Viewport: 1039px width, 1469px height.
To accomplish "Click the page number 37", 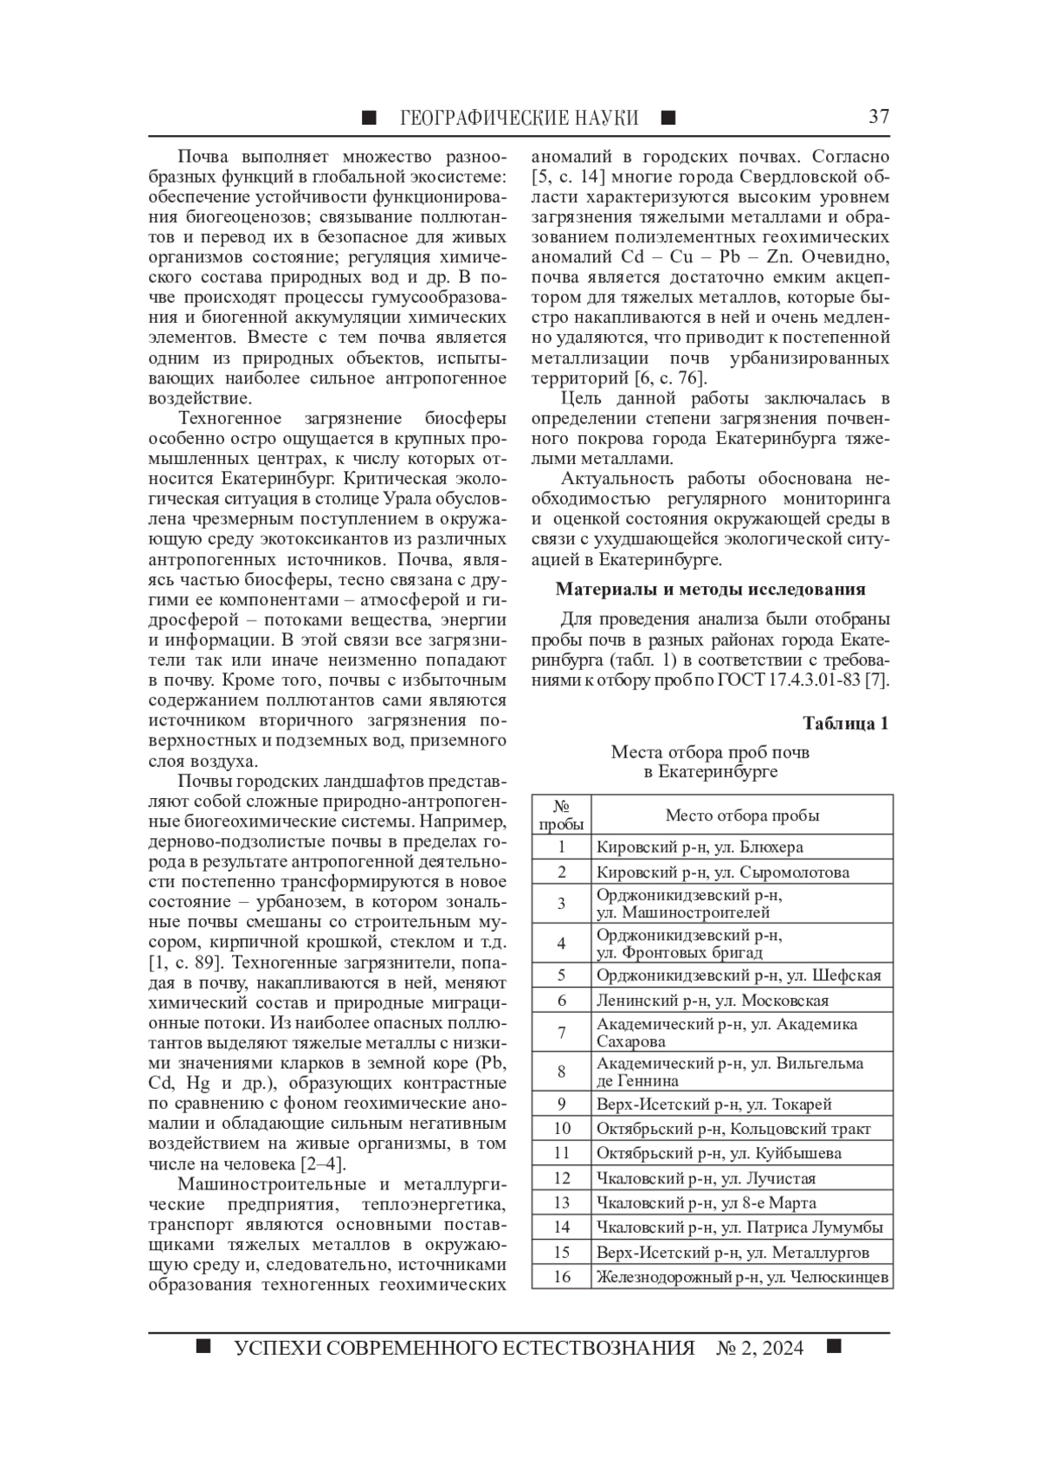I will [878, 117].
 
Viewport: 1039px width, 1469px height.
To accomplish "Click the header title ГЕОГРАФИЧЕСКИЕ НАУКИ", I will [519, 118].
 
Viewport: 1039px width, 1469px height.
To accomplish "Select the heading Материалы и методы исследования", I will [710, 590].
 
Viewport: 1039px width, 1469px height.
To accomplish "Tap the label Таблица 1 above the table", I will [845, 724].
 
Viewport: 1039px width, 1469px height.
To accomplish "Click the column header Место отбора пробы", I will [742, 815].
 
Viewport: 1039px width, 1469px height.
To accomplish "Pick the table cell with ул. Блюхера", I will [742, 847].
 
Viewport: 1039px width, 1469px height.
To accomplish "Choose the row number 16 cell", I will [561, 1277].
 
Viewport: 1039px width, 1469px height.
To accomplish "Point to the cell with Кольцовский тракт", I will [742, 1128].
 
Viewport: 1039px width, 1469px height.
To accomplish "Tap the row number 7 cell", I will [561, 1033].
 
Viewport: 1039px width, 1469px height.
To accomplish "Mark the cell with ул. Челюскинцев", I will [742, 1277].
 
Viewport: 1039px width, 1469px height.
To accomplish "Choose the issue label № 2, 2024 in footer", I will [759, 1349].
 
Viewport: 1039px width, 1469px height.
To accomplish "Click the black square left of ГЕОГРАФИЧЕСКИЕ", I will [370, 118].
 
